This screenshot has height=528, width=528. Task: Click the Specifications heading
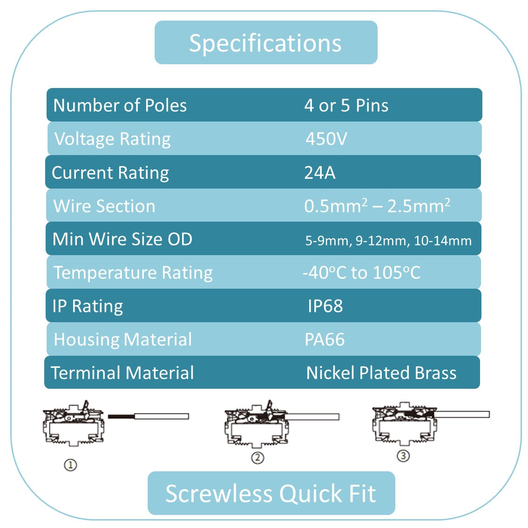pos(265,43)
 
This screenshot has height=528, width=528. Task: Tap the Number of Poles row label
pos(120,105)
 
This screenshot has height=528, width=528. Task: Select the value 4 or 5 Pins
pos(346,105)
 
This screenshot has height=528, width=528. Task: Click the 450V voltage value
pos(326,139)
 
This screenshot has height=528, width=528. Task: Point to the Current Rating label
pos(110,173)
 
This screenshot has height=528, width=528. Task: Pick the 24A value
pos(319,173)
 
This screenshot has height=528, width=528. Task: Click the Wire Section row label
pos(104,206)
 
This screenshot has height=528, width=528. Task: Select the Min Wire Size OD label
pos(122,239)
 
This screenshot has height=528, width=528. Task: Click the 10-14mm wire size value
pos(442,241)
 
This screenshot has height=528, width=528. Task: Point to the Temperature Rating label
pos(133,273)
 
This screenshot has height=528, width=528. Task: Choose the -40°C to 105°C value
pos(361,273)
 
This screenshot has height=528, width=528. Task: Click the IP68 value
pos(325,306)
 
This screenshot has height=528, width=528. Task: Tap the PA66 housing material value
pos(325,339)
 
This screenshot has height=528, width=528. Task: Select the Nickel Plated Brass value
pos(381,373)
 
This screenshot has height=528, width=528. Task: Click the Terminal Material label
pos(122,373)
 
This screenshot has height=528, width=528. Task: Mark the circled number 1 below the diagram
pos(70,464)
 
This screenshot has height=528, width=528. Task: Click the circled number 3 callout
pos(403,455)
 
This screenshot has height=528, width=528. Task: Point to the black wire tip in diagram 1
pos(121,416)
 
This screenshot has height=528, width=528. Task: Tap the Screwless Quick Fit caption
pos(271,494)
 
